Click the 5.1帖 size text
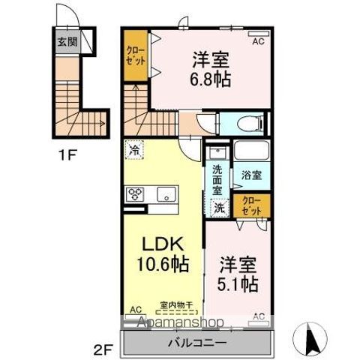click(x=238, y=284)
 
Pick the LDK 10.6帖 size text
click(x=161, y=265)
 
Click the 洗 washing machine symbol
click(x=220, y=206)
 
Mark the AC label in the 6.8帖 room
click(x=257, y=42)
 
